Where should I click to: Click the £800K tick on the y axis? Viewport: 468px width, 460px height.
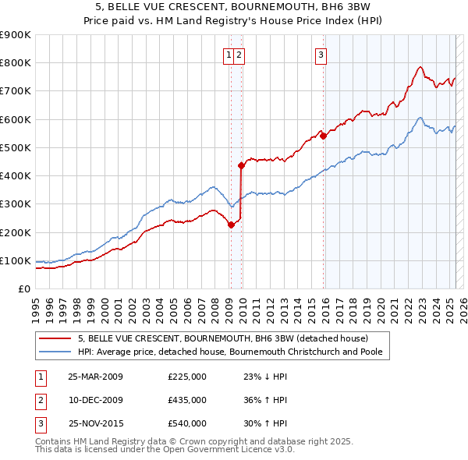point(16,63)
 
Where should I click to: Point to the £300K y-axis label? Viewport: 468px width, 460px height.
point(16,204)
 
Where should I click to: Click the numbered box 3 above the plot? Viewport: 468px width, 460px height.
point(321,55)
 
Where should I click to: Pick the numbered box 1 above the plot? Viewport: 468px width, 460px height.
point(228,55)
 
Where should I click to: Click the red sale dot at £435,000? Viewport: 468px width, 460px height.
point(241,165)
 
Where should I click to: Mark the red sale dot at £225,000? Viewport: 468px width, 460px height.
point(231,225)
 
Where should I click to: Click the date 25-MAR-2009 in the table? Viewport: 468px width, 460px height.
point(95,377)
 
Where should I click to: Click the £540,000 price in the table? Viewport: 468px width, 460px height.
point(187,423)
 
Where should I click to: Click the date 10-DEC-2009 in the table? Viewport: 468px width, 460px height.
point(95,400)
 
